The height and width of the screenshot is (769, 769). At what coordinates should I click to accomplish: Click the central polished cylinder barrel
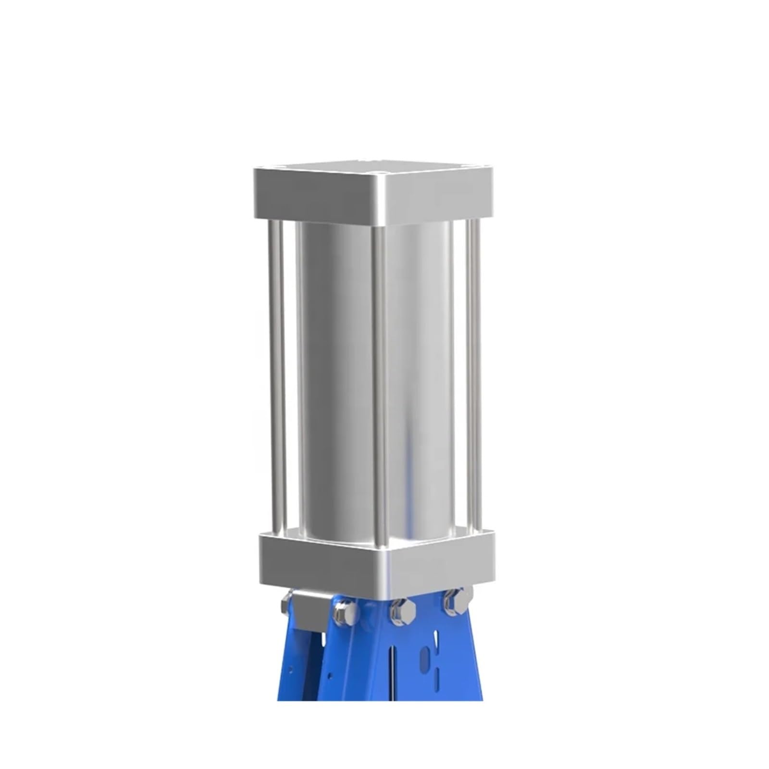point(336,375)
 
